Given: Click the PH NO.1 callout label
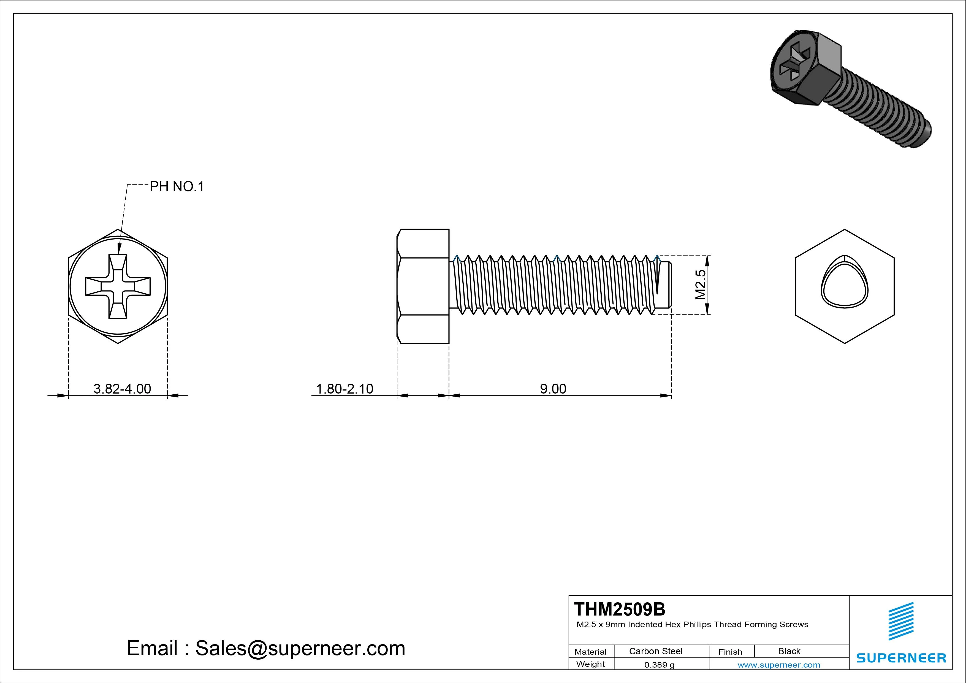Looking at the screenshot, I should coord(177,186).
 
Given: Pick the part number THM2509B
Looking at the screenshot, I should coord(619,609).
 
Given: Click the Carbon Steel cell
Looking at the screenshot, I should coord(655,651).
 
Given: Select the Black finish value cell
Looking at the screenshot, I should coord(789,651).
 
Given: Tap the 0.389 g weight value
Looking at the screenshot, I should coord(659,665).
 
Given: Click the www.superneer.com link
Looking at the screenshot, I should coord(779,665).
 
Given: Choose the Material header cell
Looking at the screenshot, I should coord(590,651).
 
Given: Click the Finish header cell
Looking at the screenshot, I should coord(730,651).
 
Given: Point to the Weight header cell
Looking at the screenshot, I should coord(590,664).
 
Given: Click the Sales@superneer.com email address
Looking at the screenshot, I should coord(300,648).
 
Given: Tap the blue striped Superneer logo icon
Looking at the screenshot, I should coord(901,621).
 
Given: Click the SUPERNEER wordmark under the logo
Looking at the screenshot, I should coord(901,658).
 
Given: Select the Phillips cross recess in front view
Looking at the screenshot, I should coord(118,286).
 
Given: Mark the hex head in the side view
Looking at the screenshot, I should coord(423,286).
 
